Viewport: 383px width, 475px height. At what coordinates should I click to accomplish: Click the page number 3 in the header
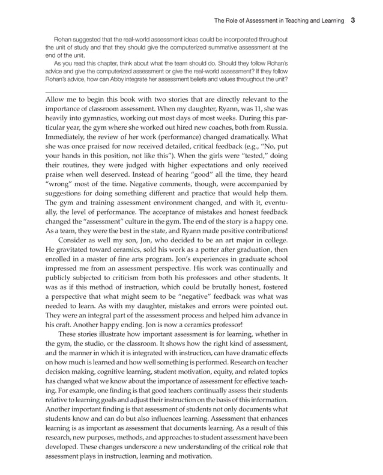353,19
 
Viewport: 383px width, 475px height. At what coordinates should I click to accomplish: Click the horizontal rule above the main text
166,92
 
